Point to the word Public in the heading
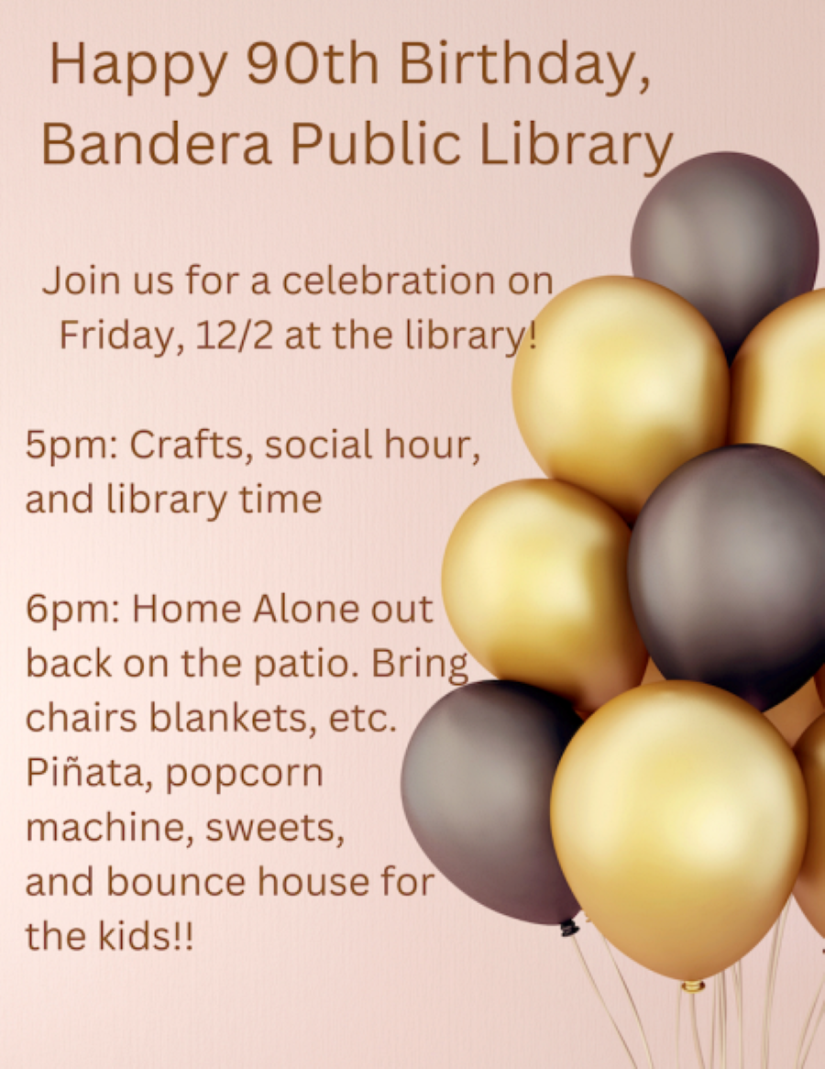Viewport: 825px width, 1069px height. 376,144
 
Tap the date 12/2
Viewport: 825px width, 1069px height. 223,336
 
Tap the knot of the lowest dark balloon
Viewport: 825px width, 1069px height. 569,928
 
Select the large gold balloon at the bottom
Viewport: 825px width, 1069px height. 678,825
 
